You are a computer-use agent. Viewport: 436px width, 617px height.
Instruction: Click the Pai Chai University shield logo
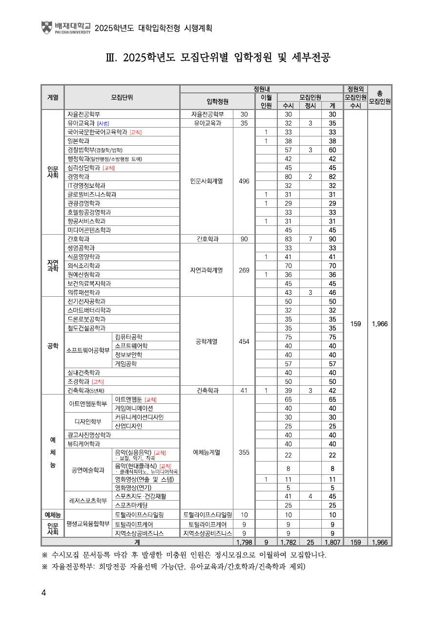(x=47, y=27)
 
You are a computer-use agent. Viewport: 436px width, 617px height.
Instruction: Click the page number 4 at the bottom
(x=43, y=593)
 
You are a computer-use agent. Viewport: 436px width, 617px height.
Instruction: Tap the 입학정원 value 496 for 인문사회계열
(x=244, y=181)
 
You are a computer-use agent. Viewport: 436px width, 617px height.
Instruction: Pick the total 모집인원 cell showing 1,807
(x=332, y=542)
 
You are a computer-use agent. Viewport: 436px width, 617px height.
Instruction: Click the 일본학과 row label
(x=78, y=141)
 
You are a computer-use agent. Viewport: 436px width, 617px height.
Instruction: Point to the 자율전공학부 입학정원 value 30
(x=244, y=114)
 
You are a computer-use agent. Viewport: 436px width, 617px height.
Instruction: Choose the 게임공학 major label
(x=126, y=363)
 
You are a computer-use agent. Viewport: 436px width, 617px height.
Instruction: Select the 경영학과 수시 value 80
(x=288, y=176)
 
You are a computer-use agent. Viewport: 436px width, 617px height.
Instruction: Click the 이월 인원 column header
(x=266, y=101)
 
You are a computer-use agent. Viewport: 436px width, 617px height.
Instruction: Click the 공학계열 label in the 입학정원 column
(x=207, y=341)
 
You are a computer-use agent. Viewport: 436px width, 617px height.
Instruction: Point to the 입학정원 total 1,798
(x=244, y=542)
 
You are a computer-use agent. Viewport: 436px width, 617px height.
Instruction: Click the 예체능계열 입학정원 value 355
(x=244, y=452)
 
